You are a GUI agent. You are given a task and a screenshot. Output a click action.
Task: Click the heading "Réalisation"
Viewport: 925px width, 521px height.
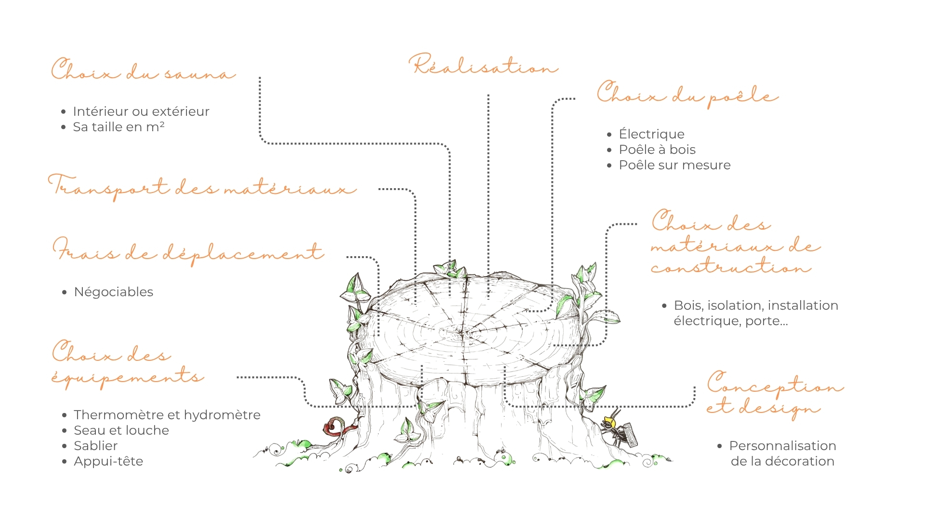pyautogui.click(x=484, y=65)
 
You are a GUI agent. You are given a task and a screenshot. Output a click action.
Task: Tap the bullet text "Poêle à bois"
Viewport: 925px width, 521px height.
pyautogui.click(x=657, y=150)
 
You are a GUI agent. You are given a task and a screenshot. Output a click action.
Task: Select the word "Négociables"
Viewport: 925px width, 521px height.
pyautogui.click(x=114, y=292)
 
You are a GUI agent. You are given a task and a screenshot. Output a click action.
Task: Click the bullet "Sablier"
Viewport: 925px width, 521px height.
pyautogui.click(x=95, y=446)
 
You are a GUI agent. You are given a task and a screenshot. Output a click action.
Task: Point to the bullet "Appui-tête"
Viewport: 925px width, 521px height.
pyautogui.click(x=108, y=462)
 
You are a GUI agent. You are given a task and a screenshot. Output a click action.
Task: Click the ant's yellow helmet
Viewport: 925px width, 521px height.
pyautogui.click(x=609, y=423)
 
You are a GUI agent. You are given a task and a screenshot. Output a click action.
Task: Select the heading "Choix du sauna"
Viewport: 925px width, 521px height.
pyautogui.click(x=143, y=69)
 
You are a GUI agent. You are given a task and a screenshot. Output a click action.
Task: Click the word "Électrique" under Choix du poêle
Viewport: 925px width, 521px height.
pyautogui.click(x=651, y=134)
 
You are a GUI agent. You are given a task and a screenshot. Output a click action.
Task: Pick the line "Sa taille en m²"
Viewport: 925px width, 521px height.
pyautogui.click(x=119, y=127)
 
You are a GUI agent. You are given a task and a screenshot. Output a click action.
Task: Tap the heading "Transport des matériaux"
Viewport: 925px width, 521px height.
pyautogui.click(x=202, y=187)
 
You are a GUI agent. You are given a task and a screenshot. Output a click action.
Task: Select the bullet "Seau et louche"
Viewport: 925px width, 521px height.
pyautogui.click(x=121, y=430)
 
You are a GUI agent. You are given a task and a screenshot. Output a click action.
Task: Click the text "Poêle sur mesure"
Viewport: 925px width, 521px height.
pyautogui.click(x=674, y=165)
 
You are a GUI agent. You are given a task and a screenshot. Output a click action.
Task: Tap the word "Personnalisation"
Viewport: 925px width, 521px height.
pyautogui.click(x=782, y=446)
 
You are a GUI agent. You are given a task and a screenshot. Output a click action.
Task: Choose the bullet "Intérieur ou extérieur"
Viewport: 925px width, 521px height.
pyautogui.click(x=141, y=111)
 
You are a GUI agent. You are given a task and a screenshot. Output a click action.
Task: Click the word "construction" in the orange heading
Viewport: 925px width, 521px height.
pyautogui.click(x=731, y=266)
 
